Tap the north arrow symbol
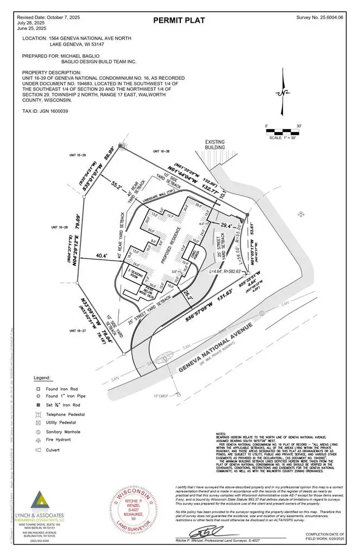282,93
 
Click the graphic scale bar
282,131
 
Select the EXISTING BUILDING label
214,144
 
